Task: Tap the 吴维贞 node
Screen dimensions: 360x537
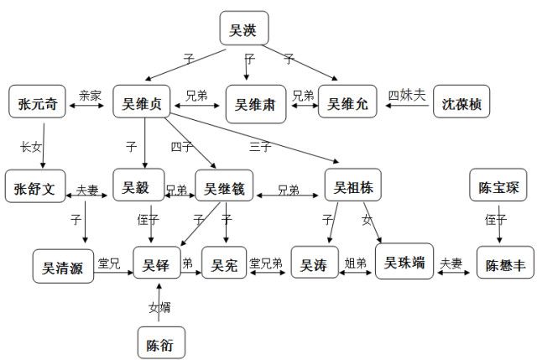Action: click(143, 105)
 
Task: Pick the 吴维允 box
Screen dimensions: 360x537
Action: click(347, 105)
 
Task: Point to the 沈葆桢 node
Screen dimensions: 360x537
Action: click(460, 105)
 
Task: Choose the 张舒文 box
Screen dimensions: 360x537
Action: click(36, 187)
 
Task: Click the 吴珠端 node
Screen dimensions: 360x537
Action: click(404, 263)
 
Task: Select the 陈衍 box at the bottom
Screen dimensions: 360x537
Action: click(159, 342)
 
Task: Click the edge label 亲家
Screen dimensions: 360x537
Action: click(91, 95)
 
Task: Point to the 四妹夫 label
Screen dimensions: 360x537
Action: click(408, 94)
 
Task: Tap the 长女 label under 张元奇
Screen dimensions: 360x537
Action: click(29, 147)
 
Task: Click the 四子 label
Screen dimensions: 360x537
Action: click(182, 147)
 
